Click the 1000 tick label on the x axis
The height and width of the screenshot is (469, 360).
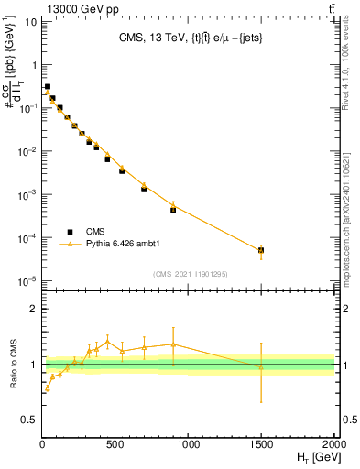188,443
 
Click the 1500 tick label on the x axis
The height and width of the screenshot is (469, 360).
261,443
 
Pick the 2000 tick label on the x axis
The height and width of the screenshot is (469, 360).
333,443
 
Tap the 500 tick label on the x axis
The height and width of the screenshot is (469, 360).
115,443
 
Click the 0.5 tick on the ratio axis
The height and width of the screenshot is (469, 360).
27,420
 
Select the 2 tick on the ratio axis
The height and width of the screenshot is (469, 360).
32,309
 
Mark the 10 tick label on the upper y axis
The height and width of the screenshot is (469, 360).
27,21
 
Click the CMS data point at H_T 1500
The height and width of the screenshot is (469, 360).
261,250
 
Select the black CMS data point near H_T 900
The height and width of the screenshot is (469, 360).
173,210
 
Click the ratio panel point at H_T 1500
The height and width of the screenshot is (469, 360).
261,367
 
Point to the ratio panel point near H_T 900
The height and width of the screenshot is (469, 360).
173,344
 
